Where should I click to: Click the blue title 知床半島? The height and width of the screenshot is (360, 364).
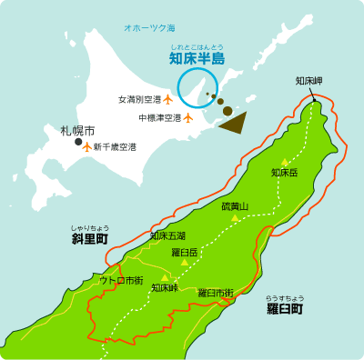(197, 59)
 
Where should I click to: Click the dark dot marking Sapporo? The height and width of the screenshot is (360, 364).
(79, 141)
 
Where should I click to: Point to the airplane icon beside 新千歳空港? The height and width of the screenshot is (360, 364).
(87, 146)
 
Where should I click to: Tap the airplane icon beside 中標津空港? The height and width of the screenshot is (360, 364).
(188, 116)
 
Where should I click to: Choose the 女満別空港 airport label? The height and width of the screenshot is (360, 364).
(139, 99)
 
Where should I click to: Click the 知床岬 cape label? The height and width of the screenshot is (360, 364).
(308, 81)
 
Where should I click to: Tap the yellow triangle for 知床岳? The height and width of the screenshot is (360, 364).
(285, 161)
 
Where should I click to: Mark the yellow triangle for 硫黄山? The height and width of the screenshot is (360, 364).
(235, 218)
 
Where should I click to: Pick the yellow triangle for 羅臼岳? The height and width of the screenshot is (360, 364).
(185, 262)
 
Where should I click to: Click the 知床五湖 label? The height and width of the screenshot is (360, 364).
(167, 236)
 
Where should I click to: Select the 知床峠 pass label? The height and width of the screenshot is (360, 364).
(165, 288)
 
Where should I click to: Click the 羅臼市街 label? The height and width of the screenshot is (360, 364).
(216, 292)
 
